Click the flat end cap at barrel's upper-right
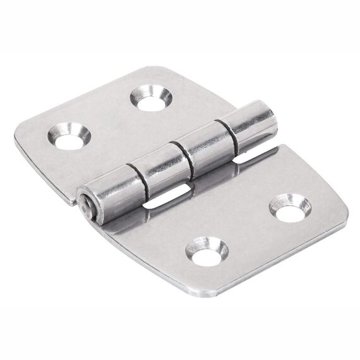[x=271, y=114]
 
